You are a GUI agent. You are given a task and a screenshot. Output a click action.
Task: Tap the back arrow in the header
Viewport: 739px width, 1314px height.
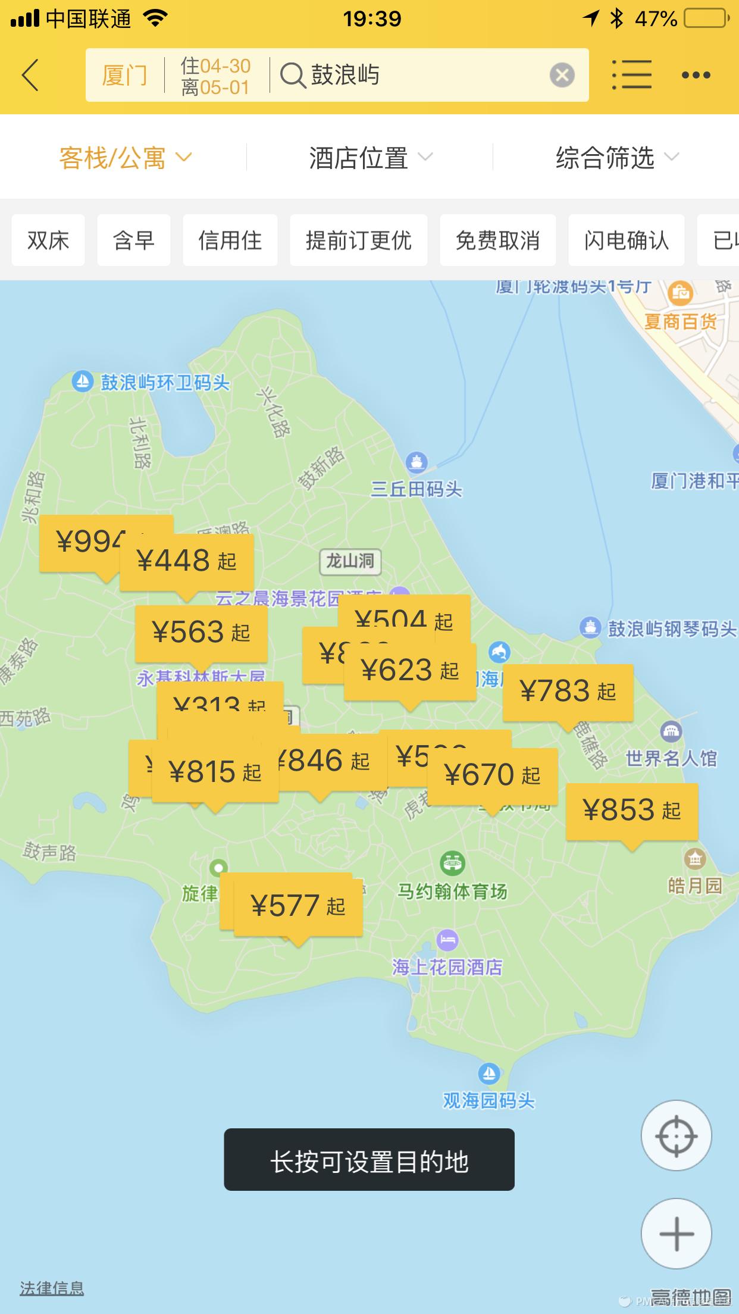[30, 75]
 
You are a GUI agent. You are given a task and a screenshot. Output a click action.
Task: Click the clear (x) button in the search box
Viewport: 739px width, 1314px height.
[562, 75]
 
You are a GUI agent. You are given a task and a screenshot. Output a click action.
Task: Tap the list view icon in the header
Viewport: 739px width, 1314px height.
[631, 75]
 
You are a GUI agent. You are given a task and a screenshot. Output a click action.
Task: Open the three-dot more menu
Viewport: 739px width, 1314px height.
[696, 75]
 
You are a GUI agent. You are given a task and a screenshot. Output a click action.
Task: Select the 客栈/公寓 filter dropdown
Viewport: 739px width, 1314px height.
[125, 158]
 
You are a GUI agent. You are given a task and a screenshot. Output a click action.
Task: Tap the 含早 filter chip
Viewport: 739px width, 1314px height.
[134, 240]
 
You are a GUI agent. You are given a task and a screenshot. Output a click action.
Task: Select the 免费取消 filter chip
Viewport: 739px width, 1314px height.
[497, 240]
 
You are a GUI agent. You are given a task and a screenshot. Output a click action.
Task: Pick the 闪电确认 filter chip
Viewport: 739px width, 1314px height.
[626, 240]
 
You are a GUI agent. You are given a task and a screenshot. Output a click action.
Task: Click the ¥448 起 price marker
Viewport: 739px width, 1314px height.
[187, 561]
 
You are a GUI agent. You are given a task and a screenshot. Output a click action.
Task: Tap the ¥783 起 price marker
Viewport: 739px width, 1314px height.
[568, 692]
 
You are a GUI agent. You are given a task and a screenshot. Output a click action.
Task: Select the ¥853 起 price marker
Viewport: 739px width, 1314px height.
[631, 811]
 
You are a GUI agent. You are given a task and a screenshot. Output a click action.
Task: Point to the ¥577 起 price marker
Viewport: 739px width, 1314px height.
[298, 906]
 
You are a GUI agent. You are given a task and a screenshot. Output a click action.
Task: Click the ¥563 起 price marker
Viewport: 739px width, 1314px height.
[201, 632]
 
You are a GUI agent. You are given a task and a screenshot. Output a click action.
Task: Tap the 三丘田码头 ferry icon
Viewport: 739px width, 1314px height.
[416, 461]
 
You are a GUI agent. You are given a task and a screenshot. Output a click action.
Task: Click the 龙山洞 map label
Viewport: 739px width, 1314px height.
[350, 561]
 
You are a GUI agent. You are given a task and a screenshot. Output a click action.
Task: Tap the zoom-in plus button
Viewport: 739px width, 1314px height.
[676, 1233]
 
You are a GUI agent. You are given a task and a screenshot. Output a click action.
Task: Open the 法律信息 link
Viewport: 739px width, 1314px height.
[52, 1288]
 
